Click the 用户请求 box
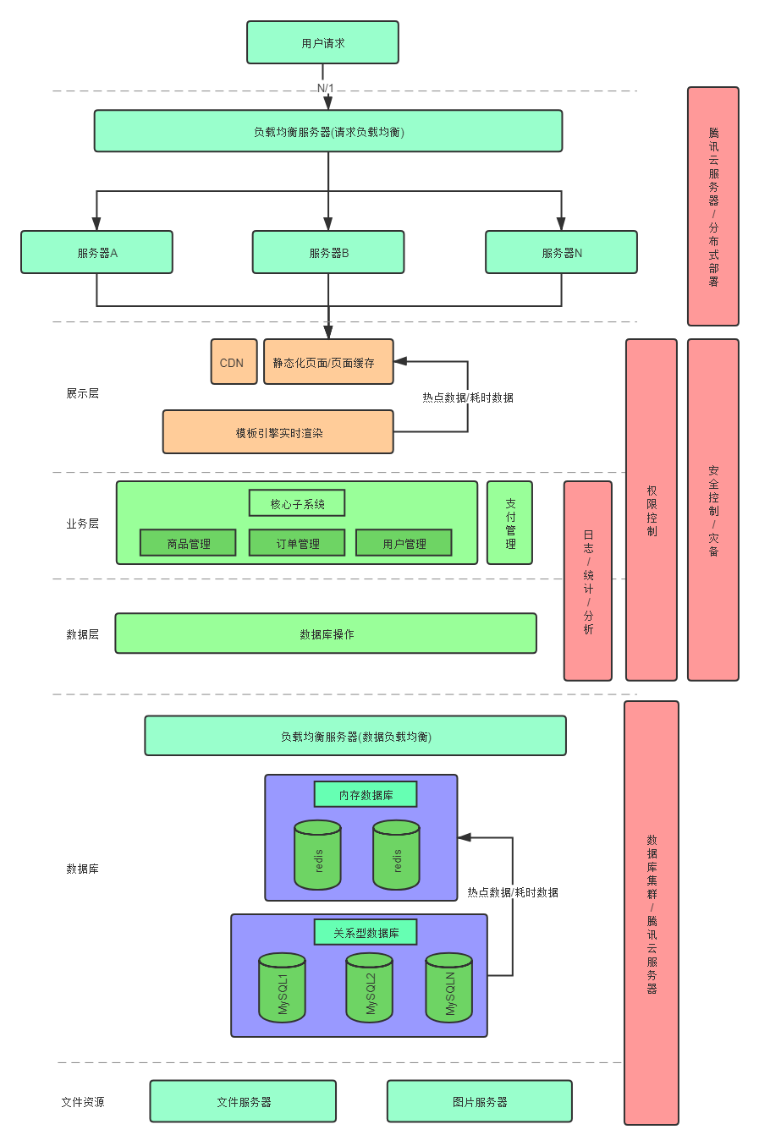click(322, 43)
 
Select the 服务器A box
click(96, 252)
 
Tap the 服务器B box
click(328, 252)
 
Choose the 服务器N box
click(561, 252)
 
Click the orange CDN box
click(234, 362)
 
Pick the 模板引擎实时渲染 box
click(278, 432)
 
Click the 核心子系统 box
click(297, 503)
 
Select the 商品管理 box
click(188, 543)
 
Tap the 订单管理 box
click(297, 543)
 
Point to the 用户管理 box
click(404, 543)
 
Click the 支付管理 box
click(509, 523)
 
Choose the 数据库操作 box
click(326, 633)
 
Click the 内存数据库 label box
click(366, 794)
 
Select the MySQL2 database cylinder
click(370, 988)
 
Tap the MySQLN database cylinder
click(449, 988)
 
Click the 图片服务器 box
click(480, 1101)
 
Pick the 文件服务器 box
click(243, 1101)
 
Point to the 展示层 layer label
click(82, 393)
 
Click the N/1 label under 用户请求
click(326, 88)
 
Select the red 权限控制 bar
click(652, 510)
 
